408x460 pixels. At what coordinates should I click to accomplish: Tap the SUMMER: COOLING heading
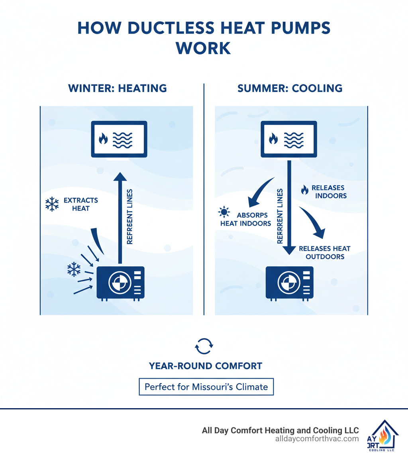pyautogui.click(x=290, y=88)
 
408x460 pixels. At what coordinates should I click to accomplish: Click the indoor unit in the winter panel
pyautogui.click(x=119, y=139)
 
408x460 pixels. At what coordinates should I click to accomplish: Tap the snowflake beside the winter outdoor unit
pyautogui.click(x=74, y=269)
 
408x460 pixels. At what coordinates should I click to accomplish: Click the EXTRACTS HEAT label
pyautogui.click(x=81, y=204)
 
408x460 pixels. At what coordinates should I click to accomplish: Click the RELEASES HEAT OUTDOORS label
pyautogui.click(x=325, y=252)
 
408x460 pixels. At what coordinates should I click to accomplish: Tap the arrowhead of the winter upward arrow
pyautogui.click(x=120, y=177)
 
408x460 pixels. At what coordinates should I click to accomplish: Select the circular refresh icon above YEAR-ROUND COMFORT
pyautogui.click(x=204, y=346)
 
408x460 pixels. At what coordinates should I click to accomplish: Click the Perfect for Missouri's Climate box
pyautogui.click(x=206, y=386)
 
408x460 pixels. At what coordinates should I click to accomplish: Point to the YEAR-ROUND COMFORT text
pyautogui.click(x=205, y=366)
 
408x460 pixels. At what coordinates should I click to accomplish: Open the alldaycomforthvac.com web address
pyautogui.click(x=317, y=438)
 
